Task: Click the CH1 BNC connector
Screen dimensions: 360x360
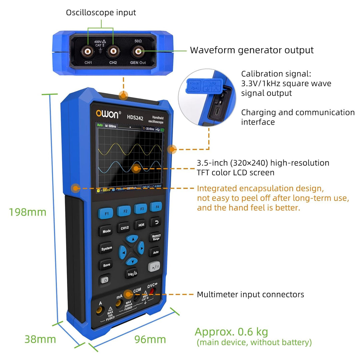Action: click(88, 51)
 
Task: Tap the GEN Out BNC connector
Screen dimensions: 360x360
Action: click(138, 51)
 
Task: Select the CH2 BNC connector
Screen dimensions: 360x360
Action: click(113, 51)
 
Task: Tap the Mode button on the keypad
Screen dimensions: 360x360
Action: click(106, 231)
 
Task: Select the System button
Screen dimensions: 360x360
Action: click(106, 248)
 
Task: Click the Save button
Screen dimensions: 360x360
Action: click(106, 265)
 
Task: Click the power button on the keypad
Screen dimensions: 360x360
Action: click(105, 280)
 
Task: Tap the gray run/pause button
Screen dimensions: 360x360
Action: click(154, 267)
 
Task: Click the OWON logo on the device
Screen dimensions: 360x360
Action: click(107, 114)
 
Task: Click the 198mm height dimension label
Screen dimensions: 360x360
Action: click(28, 212)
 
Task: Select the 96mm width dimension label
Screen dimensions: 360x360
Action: click(150, 339)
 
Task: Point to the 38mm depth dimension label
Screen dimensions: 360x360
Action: click(40, 339)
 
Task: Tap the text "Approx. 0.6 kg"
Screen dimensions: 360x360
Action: click(231, 332)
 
